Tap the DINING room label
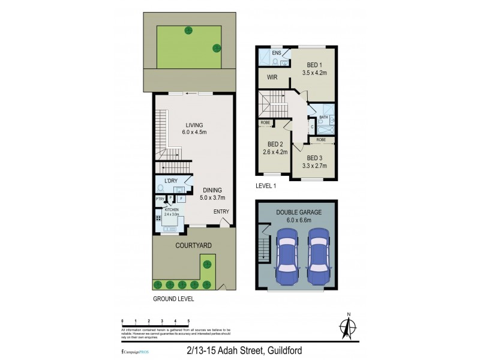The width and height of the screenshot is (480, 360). [x=212, y=190]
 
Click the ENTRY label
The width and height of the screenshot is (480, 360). [x=221, y=212]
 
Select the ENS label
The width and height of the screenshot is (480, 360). [x=277, y=53]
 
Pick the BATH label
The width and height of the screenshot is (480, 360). [x=323, y=118]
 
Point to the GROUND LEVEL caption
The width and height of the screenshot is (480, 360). [x=173, y=298]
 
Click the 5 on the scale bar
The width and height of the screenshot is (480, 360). [x=189, y=321]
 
